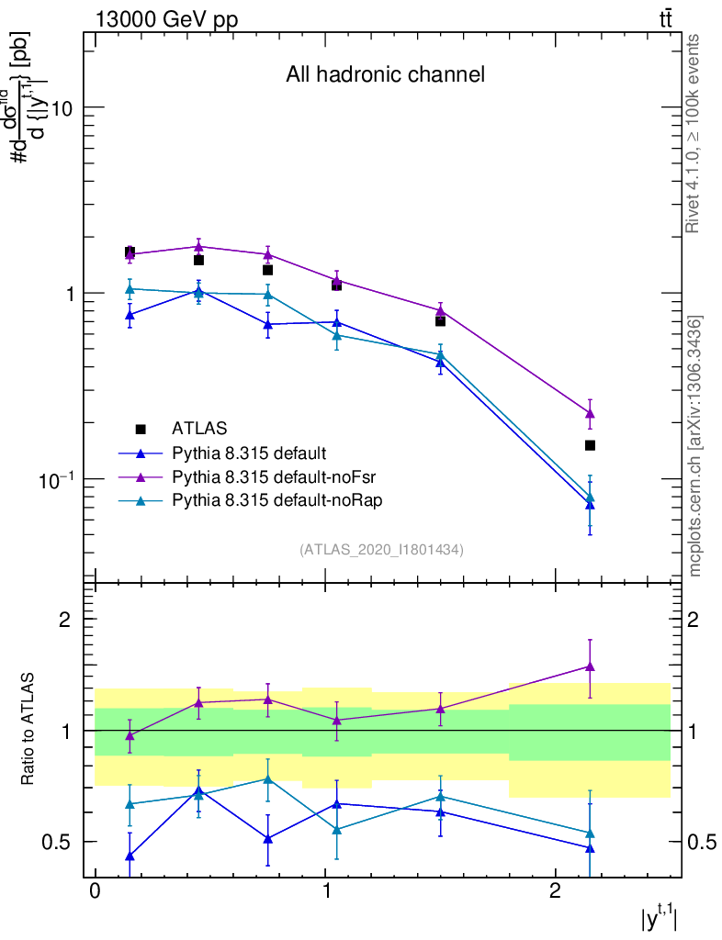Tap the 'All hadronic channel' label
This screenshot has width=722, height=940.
point(385,74)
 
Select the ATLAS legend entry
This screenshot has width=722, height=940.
point(199,428)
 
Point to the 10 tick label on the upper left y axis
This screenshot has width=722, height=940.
point(62,107)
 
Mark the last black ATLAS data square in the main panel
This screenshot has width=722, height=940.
point(590,445)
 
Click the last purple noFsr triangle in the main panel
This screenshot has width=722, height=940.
point(590,413)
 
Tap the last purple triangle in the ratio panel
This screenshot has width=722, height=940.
point(590,666)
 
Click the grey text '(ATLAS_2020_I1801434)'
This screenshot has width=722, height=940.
point(381,549)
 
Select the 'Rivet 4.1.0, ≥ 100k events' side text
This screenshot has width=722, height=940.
point(694,133)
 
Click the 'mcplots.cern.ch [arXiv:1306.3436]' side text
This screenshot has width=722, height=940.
point(694,446)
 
